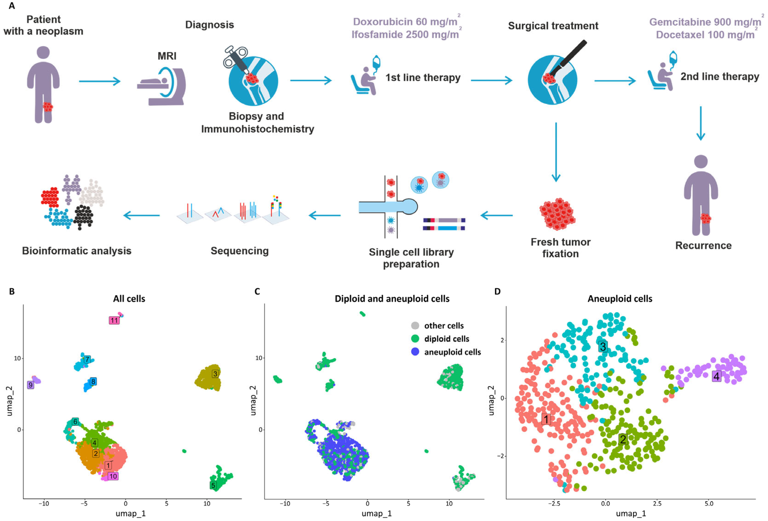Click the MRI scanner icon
point(162,86)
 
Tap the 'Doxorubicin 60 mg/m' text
point(405,22)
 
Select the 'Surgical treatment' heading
point(553,26)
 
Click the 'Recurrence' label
point(703,246)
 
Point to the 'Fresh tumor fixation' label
point(561,248)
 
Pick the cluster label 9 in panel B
point(30,385)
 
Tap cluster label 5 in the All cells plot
point(213,485)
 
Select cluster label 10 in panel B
point(113,476)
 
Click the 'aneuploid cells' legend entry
point(452,352)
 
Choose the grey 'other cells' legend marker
point(415,326)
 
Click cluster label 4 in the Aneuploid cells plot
point(716,376)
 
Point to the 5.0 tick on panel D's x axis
point(709,504)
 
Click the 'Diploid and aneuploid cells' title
point(392,299)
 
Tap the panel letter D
point(497,291)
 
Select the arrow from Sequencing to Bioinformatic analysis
point(141,216)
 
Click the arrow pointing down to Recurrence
point(701,124)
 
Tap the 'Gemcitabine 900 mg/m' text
point(705,22)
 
